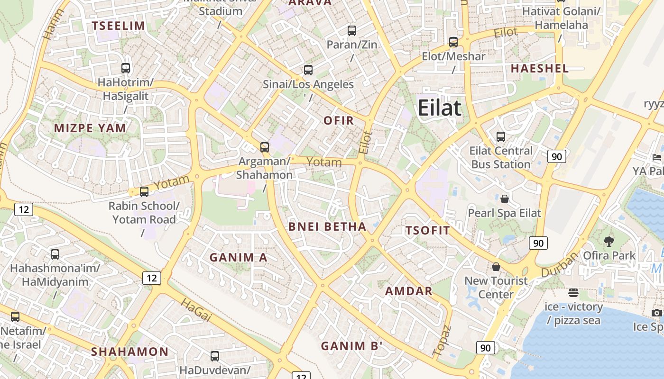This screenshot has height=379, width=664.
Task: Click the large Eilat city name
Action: coord(439,108)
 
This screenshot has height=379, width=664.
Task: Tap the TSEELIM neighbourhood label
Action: coord(118,26)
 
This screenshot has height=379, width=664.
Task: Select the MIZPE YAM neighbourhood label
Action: coord(90,128)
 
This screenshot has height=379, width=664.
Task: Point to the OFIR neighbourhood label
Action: coord(339,120)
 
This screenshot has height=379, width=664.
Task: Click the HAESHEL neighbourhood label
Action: coord(540,68)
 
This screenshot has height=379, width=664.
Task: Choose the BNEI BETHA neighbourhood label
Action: coord(327,226)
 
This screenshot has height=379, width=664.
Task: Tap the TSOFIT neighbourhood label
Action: coord(427,231)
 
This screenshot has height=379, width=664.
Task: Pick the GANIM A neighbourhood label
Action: coord(239,258)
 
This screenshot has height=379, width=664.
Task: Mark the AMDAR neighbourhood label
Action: coord(409,291)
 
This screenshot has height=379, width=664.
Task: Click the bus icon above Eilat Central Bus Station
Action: coord(500,137)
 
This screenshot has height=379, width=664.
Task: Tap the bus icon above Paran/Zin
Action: coord(351,31)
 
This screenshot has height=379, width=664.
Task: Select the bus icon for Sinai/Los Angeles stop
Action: coord(308,70)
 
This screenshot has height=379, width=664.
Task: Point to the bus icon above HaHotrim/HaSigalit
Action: coord(125,68)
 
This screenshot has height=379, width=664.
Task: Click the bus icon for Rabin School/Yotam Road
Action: coord(144,192)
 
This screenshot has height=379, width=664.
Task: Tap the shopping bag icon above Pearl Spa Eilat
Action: coord(505,199)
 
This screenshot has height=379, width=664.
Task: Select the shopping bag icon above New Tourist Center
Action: coord(496,267)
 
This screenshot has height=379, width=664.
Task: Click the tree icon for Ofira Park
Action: coord(609,242)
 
